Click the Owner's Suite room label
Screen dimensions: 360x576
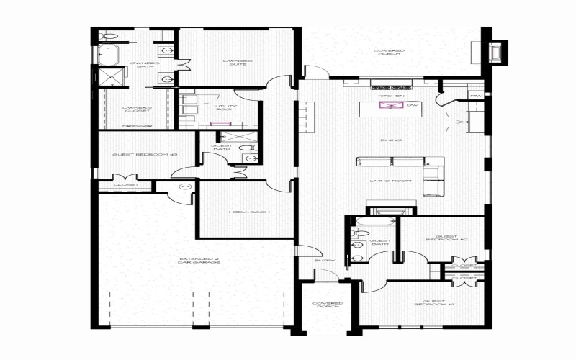[x=238, y=63]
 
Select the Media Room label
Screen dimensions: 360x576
[x=239, y=212]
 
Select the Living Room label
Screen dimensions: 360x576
[x=391, y=181]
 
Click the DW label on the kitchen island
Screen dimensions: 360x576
[x=411, y=107]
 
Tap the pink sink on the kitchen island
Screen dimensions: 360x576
[x=392, y=107]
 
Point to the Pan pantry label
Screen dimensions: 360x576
[x=475, y=95]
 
